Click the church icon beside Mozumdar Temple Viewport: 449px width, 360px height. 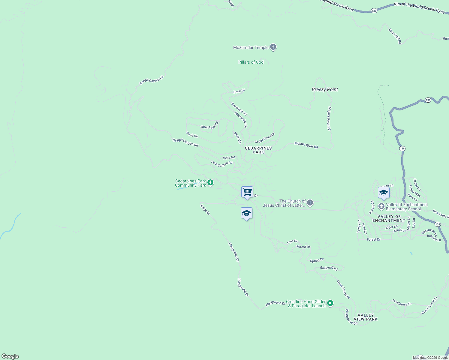[273, 47]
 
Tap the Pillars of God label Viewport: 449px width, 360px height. [251, 62]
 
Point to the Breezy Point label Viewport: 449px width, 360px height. [325, 89]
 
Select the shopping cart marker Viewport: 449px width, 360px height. [247, 192]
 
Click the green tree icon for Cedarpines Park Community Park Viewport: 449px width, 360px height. [210, 182]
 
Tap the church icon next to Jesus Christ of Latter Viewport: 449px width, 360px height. [310, 203]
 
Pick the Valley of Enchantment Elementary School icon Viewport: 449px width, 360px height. [381, 206]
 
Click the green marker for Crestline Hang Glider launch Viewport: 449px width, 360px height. [330, 303]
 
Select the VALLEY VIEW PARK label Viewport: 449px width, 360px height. [366, 317]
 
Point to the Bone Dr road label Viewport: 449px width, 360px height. [239, 91]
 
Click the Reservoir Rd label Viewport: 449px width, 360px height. [239, 109]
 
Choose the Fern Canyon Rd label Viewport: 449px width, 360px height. [222, 164]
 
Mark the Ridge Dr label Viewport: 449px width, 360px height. [205, 209]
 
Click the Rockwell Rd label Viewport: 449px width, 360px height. [329, 268]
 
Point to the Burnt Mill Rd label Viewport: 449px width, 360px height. [395, 36]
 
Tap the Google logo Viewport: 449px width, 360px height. [10, 356]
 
